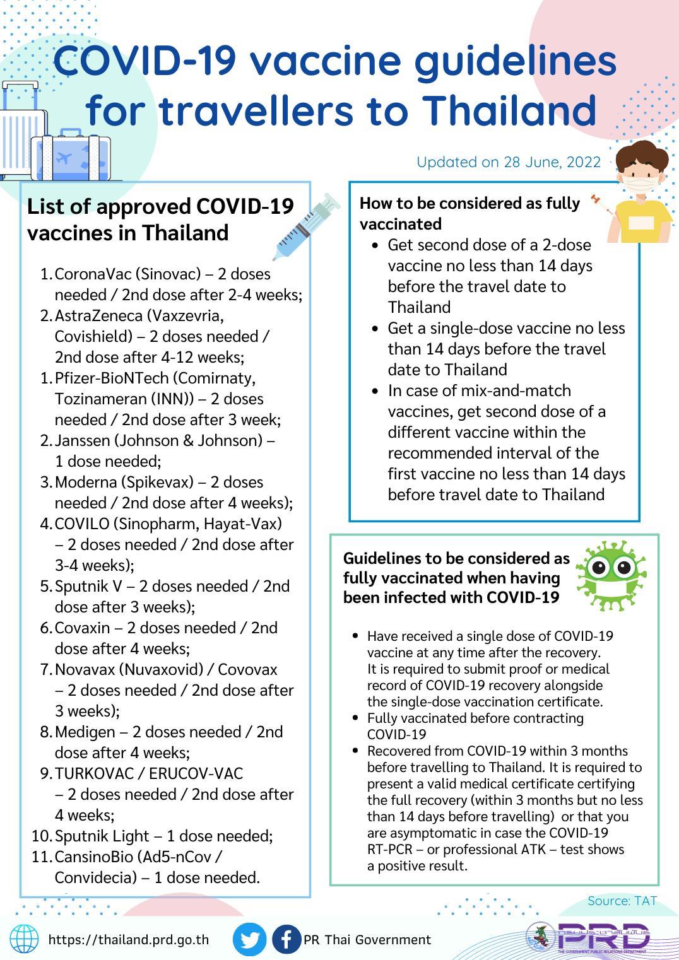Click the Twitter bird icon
pos(249,939)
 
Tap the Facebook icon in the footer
pos(286,939)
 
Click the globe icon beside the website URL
pos(24,939)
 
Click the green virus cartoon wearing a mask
pos(611,574)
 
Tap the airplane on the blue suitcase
pos(64,157)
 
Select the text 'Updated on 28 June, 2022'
pos(508,162)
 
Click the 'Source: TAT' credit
pos(622,901)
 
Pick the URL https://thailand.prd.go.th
pos(129,940)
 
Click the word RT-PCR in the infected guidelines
pos(391,850)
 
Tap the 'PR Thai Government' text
pos(367,940)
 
